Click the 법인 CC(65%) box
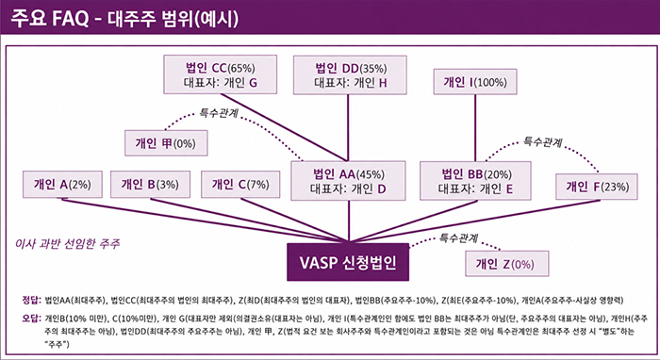220,74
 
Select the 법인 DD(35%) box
350,74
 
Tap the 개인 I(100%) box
475,82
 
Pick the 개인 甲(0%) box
166,143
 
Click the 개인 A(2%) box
62,184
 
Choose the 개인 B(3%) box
150,184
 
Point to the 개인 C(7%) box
240,184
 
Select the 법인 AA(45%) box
349,181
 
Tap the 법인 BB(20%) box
475,181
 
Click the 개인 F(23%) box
597,187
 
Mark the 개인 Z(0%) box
507,264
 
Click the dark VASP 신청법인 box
348,262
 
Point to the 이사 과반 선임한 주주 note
67,244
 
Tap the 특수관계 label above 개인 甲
219,113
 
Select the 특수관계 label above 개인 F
542,141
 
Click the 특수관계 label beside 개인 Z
458,238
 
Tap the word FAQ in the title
71,19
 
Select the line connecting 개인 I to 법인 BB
475,128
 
